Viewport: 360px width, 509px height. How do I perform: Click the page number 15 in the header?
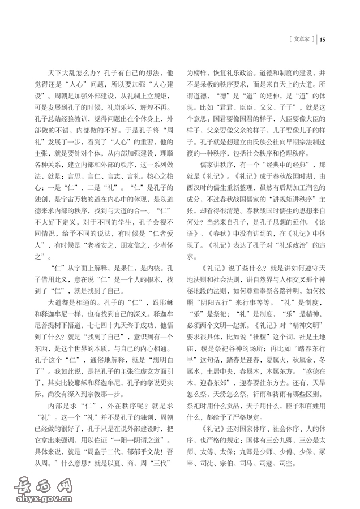click(323, 40)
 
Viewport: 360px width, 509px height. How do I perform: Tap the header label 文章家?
click(301, 40)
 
